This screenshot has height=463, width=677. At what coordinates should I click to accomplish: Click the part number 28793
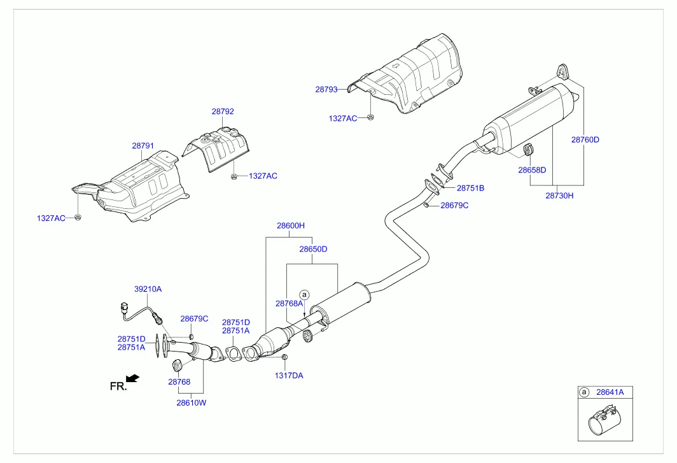click(x=326, y=90)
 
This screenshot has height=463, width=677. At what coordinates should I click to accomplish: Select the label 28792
click(x=223, y=111)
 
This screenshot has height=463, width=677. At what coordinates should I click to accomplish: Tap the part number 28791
click(x=143, y=146)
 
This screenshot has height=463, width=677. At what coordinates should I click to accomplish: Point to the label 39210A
click(x=148, y=288)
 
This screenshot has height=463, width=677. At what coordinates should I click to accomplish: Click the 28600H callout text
click(x=291, y=225)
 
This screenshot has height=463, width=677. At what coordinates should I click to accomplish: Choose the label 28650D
click(x=313, y=249)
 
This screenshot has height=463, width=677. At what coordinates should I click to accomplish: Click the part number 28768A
click(x=289, y=304)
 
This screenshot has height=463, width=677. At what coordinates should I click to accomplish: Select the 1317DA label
click(x=289, y=375)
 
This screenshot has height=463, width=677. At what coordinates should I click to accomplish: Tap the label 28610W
click(x=192, y=402)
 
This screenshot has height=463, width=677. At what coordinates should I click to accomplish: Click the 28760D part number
click(x=585, y=139)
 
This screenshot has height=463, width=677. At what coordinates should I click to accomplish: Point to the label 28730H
click(x=559, y=196)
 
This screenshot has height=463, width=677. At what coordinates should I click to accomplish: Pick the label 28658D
click(x=532, y=170)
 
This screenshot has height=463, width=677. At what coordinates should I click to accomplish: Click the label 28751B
click(x=470, y=189)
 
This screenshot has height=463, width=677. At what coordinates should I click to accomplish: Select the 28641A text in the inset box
click(x=610, y=393)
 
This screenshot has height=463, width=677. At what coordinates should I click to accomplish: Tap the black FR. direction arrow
click(x=133, y=379)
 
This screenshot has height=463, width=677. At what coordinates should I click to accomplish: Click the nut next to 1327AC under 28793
click(x=370, y=117)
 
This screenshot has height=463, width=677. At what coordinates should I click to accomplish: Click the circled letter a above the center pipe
click(x=304, y=295)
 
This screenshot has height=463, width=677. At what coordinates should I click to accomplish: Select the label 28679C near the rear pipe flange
click(x=454, y=205)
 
